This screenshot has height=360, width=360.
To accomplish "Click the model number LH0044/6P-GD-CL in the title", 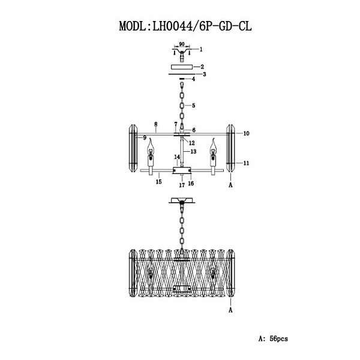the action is (201, 26).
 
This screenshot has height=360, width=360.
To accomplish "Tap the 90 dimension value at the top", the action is (181, 44).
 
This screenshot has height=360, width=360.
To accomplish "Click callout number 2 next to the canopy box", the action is (203, 67).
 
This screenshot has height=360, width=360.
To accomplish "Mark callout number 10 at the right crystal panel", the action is (246, 133).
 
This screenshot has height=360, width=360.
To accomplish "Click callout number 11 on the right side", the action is (246, 163).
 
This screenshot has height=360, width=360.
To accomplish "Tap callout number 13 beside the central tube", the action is (194, 152).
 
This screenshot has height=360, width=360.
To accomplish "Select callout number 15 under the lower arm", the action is (159, 181).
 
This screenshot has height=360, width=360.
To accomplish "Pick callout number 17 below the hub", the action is (181, 186).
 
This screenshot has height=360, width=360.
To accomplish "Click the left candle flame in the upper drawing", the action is (151, 145).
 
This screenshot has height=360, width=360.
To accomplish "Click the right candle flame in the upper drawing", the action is (211, 145).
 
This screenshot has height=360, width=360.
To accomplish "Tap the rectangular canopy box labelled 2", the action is (181, 67).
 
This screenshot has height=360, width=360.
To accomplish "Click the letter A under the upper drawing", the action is (230, 187).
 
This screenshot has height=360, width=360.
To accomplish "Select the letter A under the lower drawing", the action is (230, 310).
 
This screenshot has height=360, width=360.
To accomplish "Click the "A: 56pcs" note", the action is (273, 339).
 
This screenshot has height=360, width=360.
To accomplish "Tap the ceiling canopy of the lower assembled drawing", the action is (181, 202).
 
